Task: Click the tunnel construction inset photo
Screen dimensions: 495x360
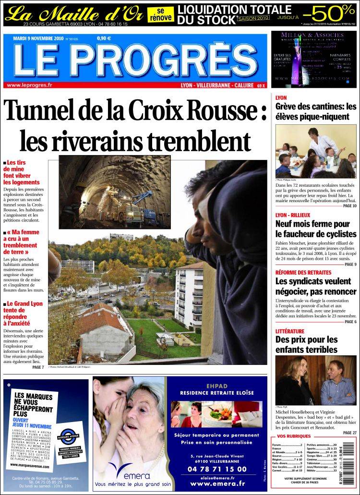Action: (115, 192)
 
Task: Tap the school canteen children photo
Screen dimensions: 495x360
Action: (315, 152)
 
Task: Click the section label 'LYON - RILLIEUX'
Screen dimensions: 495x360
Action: (293, 215)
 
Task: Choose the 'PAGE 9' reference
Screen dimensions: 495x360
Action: (350, 265)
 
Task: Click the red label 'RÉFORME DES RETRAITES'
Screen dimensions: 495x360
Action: (303, 272)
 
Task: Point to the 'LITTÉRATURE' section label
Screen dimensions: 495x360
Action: (289, 331)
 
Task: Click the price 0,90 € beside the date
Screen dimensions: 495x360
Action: (104, 38)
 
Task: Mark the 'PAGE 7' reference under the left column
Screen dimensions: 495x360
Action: (38, 367)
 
